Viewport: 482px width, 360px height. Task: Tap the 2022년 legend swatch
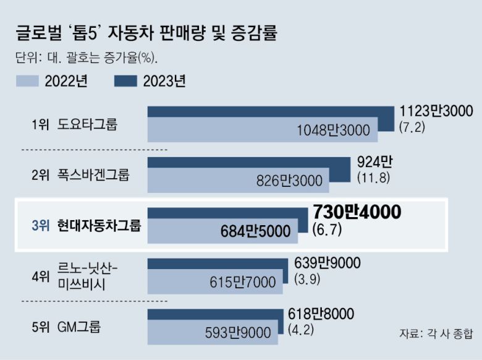[x=27, y=81]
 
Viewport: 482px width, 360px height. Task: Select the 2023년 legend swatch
[x=126, y=81]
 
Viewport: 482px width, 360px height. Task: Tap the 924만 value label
[x=375, y=162]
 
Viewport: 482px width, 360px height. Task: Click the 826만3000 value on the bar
[x=289, y=181]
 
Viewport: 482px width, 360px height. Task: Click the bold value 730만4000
[x=357, y=212]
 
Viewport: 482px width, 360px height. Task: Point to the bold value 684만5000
[x=255, y=231]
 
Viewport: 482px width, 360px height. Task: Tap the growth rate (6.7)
[x=327, y=229]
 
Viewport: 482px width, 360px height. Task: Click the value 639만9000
[x=328, y=263]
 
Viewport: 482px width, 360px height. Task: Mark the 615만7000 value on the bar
[x=242, y=282]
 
